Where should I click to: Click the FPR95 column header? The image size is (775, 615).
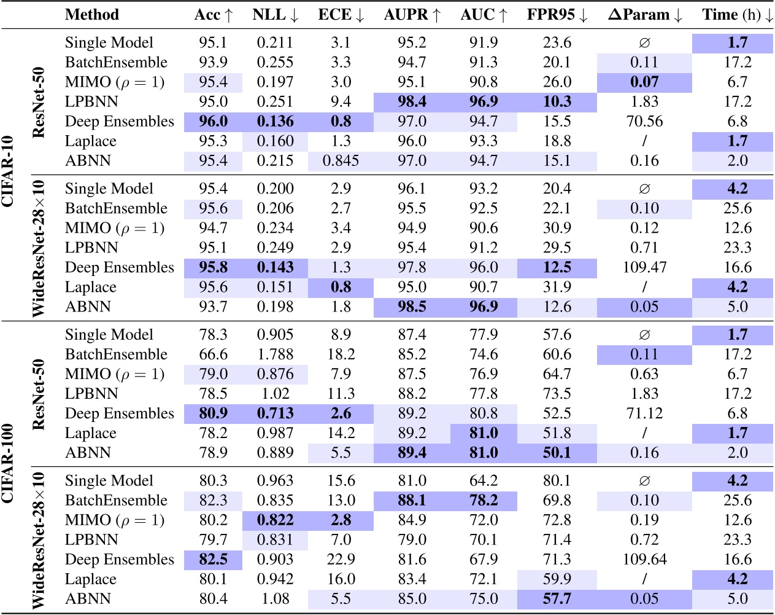(x=557, y=15)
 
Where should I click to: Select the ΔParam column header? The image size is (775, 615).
(x=644, y=15)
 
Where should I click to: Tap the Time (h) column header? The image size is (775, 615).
(x=737, y=15)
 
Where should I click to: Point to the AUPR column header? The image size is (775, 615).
(x=412, y=15)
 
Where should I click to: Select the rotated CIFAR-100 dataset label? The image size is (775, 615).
(x=9, y=463)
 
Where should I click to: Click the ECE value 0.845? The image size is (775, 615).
(x=341, y=161)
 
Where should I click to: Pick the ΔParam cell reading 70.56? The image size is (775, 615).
(x=644, y=122)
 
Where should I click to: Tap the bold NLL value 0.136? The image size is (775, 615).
(x=275, y=122)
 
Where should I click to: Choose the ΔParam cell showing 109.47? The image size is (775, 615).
(x=644, y=268)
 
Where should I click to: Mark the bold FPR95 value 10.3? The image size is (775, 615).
(x=557, y=102)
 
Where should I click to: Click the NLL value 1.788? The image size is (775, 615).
(x=275, y=355)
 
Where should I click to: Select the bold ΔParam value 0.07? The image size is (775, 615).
(x=644, y=82)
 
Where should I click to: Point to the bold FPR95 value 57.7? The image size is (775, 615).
(x=557, y=599)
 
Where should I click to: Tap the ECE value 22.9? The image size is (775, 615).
(x=341, y=560)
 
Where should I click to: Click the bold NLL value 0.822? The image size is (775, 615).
(x=275, y=520)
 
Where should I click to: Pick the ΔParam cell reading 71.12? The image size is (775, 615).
(x=644, y=413)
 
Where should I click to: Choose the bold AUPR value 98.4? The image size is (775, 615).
(x=412, y=102)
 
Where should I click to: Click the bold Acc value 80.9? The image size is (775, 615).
(x=213, y=413)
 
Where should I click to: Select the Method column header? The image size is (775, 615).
(x=92, y=15)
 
